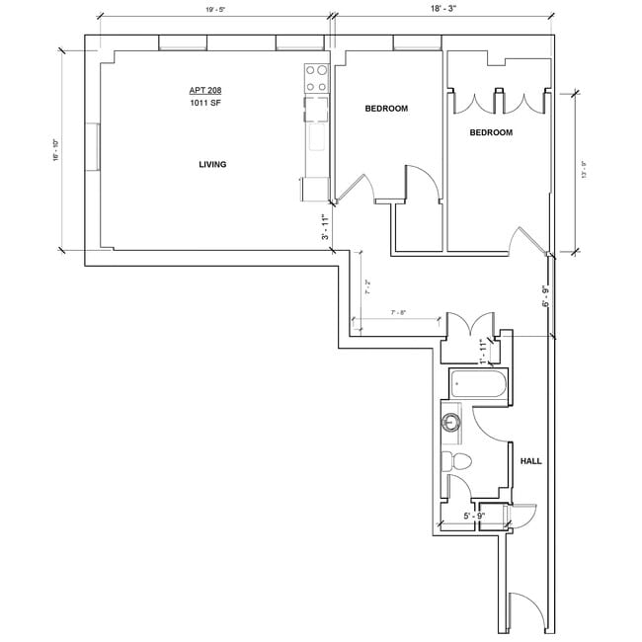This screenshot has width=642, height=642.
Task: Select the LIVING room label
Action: (x=212, y=165)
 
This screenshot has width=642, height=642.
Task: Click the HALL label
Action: (x=530, y=461)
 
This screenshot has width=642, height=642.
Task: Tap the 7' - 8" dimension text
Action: (x=399, y=313)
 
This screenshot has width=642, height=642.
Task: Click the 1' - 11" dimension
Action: (x=482, y=349)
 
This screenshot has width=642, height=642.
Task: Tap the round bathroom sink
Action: (x=451, y=424)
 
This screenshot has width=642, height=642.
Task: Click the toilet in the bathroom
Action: (x=457, y=461)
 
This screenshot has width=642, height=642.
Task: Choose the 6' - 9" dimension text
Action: (x=544, y=296)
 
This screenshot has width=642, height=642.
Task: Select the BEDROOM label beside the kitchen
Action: (x=386, y=109)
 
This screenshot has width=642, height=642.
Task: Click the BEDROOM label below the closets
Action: (x=491, y=132)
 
